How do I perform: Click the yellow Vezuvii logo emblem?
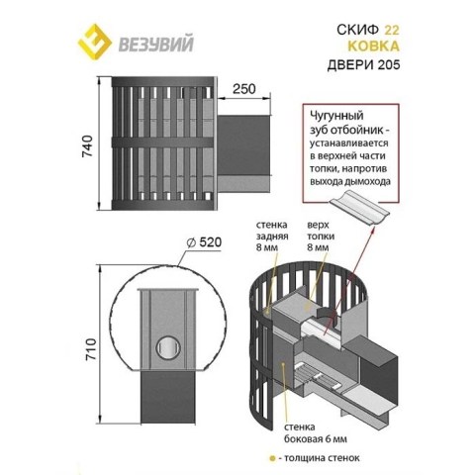point(95,42)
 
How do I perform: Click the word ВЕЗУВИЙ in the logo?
point(155,45)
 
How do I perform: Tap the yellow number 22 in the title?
point(392,30)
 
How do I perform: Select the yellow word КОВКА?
point(374,47)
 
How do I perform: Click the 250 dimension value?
point(244,89)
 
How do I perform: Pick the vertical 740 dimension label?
point(88,145)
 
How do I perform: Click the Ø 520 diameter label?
point(204,242)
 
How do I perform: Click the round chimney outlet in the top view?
point(168,347)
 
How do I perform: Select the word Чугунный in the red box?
point(336,116)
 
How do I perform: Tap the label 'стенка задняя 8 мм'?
point(272,237)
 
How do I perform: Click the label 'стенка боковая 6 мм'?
point(316,433)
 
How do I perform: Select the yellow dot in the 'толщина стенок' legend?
point(272,458)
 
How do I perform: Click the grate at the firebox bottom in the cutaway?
point(316,376)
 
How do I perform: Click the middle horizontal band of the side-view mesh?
point(162,142)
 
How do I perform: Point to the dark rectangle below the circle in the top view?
point(168,399)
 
